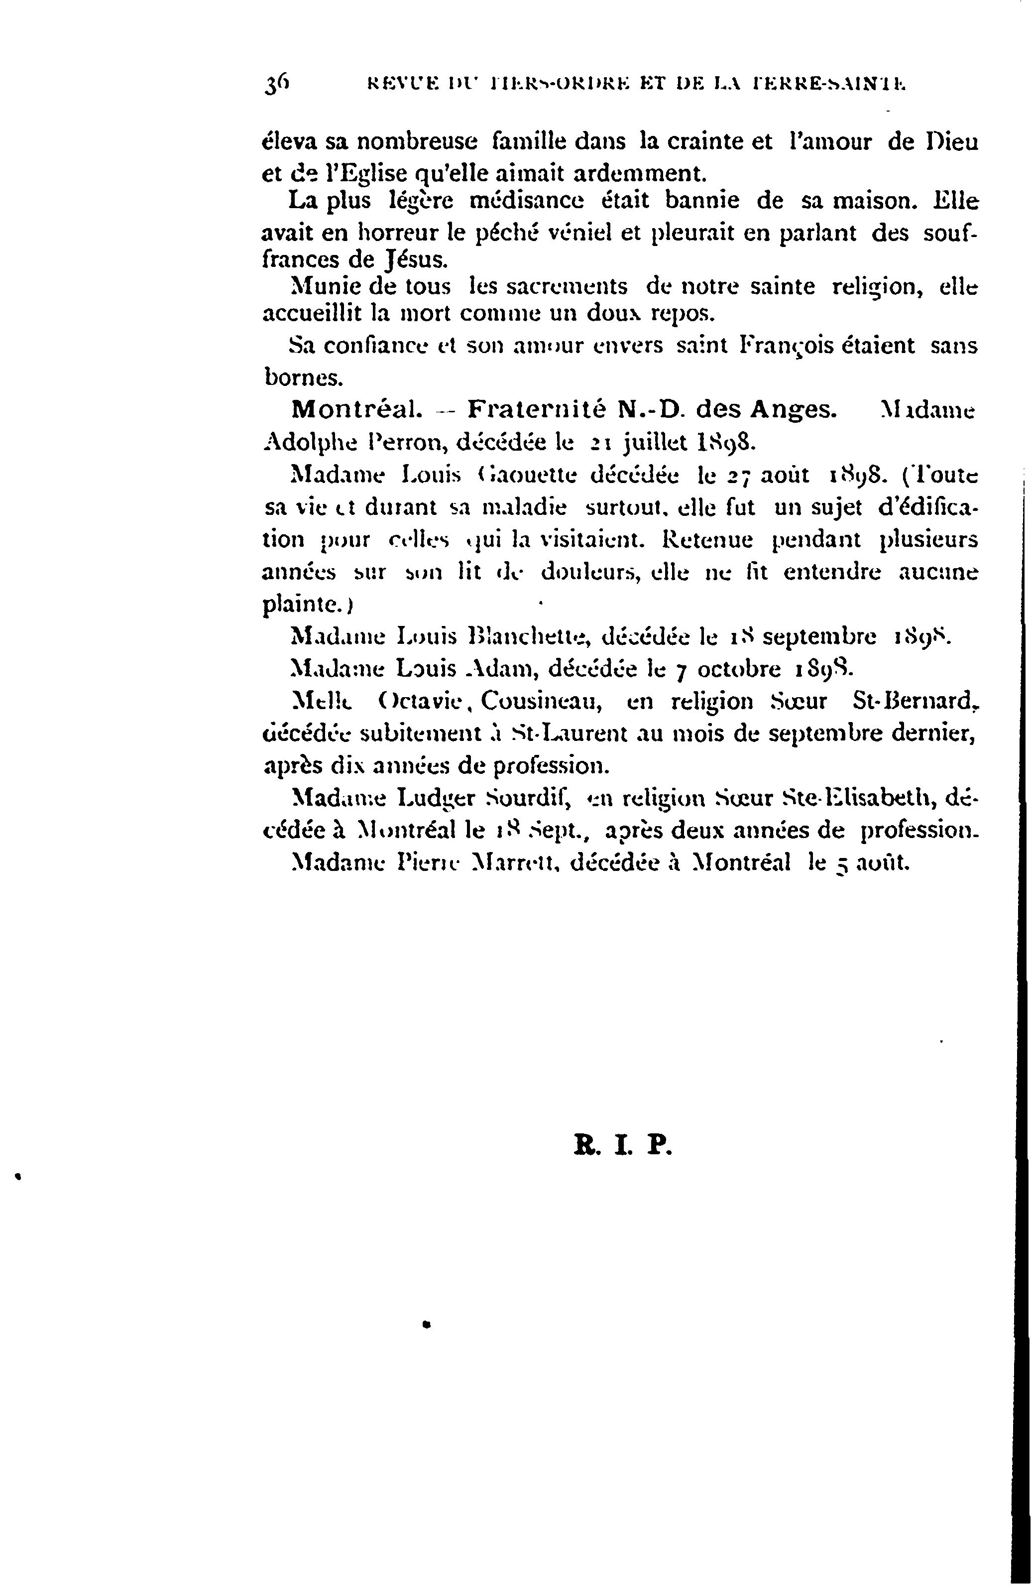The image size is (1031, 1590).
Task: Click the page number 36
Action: tap(276, 86)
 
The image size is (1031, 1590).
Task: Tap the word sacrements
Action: tap(566, 287)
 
